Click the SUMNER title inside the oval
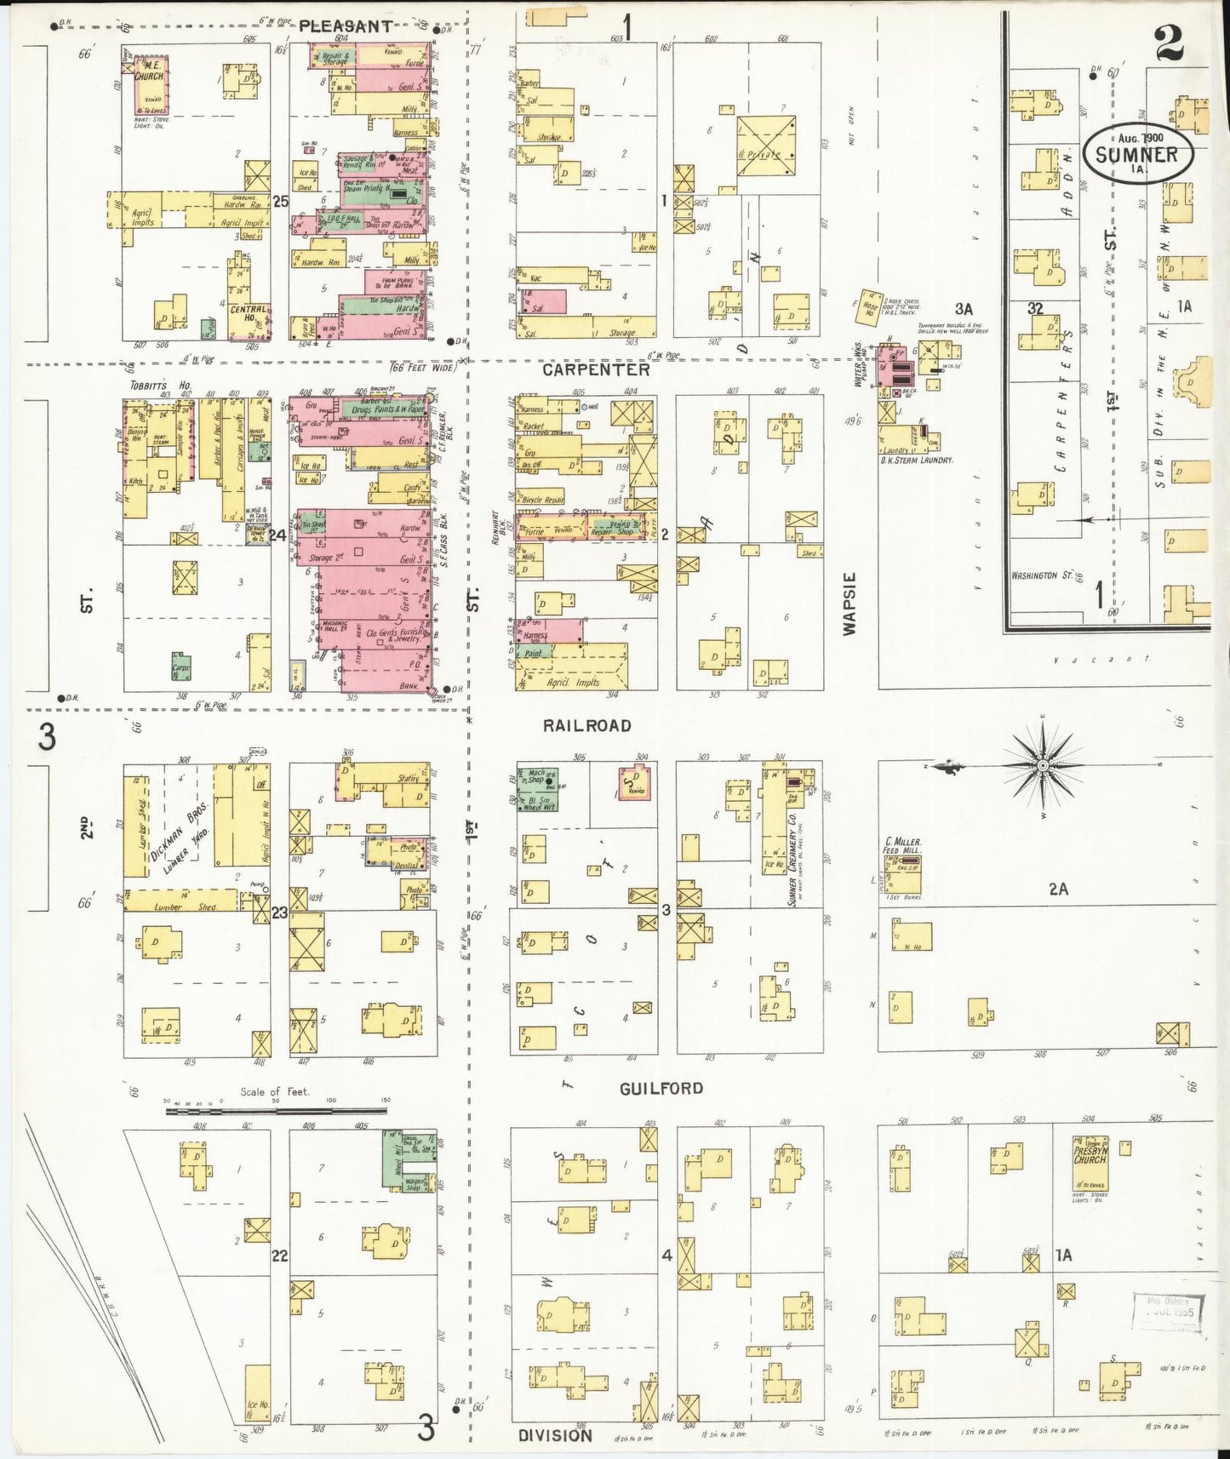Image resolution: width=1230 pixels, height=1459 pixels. click(1136, 155)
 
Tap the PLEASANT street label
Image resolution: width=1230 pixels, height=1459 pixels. click(346, 26)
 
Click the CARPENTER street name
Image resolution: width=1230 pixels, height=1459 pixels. click(596, 370)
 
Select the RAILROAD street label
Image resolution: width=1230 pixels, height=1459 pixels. click(587, 725)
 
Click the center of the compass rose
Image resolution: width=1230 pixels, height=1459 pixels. click(1042, 766)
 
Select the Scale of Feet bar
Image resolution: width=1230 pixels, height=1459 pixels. click(276, 1110)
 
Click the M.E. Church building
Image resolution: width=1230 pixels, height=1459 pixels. click(151, 85)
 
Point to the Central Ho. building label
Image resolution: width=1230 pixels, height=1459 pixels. click(249, 313)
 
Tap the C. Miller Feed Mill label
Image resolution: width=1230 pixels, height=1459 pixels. click(903, 846)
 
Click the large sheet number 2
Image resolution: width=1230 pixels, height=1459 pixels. click(1170, 44)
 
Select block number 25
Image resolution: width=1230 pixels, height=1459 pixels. click(280, 202)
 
